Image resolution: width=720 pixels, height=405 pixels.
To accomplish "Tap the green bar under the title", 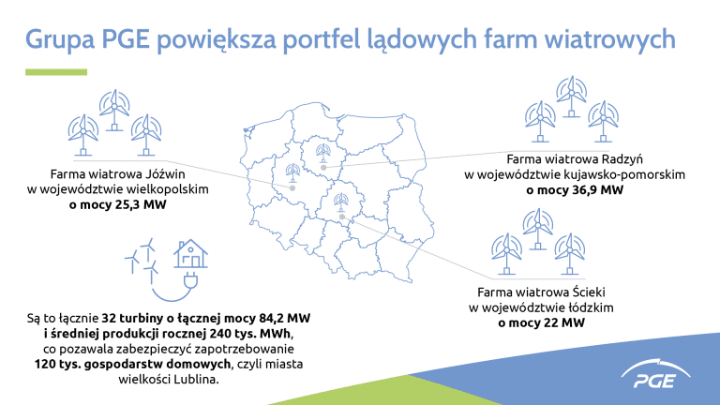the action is pos(56,72).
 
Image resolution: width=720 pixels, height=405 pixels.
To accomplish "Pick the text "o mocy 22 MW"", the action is pos(541,322).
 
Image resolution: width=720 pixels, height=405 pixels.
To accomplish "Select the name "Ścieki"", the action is pos(589,292).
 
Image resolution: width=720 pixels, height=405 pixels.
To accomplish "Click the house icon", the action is pos(190,253).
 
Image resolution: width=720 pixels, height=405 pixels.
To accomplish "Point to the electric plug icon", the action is pos(190,279).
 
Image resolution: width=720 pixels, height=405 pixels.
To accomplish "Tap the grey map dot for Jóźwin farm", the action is pos(292,188).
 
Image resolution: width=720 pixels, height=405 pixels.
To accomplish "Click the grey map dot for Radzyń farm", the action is pos(323,168).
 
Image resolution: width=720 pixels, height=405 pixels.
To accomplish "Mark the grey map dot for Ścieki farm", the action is pos(341,217).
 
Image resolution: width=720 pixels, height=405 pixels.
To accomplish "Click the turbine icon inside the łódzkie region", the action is pos(340,202).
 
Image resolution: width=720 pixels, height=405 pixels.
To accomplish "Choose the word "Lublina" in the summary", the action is pos(196,380).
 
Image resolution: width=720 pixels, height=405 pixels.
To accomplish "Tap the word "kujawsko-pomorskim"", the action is pos(624,175).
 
